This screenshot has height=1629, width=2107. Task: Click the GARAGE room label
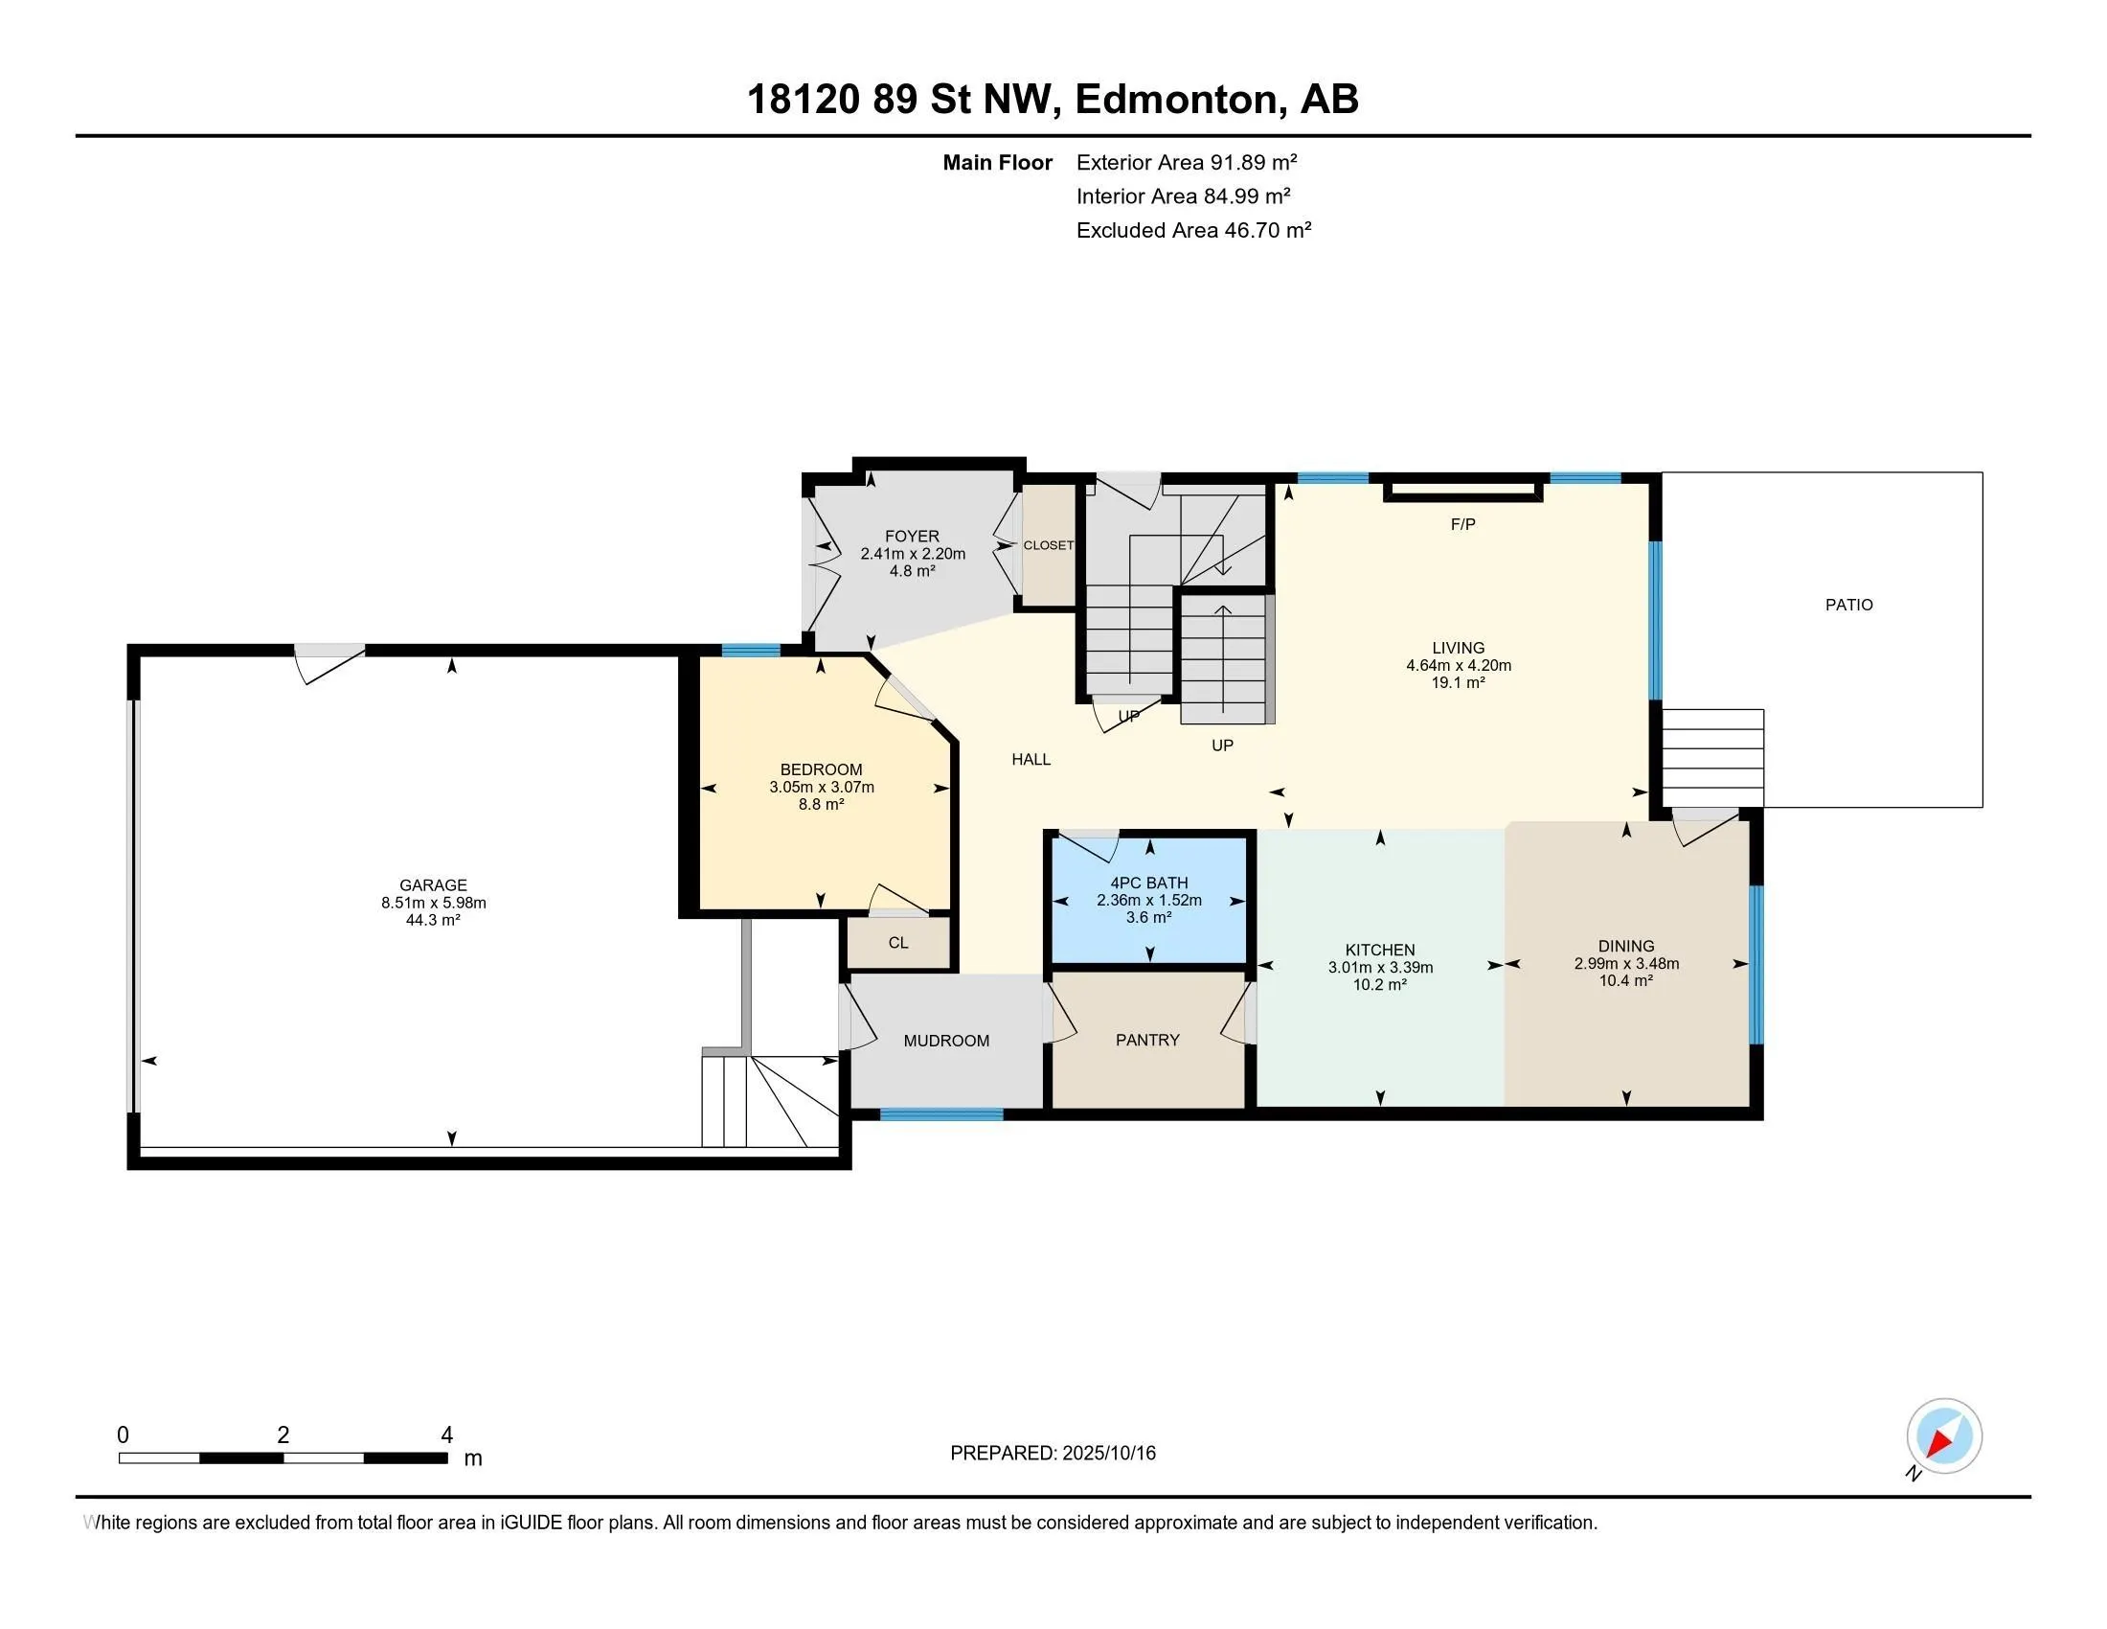click(433, 885)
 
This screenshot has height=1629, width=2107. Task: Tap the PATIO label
click(1848, 605)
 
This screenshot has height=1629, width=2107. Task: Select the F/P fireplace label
click(1462, 524)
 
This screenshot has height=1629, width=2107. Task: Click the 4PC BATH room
click(1149, 900)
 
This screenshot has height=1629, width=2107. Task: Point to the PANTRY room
click(1148, 1040)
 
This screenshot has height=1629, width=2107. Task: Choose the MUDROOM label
click(946, 1041)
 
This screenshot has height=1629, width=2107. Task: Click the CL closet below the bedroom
click(898, 943)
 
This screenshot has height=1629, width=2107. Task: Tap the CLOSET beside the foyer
click(1049, 545)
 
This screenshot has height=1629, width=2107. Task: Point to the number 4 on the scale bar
click(446, 1435)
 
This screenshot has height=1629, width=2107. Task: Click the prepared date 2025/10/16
click(1108, 1454)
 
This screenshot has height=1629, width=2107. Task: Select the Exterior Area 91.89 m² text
click(1187, 162)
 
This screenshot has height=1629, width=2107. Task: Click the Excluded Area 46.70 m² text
click(1193, 230)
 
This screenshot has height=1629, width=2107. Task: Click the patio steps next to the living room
click(1712, 758)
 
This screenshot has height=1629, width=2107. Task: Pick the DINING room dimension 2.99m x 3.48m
click(1626, 963)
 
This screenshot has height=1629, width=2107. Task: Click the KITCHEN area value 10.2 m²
click(1380, 984)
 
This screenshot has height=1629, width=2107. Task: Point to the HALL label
click(1031, 760)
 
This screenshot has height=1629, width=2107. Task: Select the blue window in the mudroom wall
click(941, 1114)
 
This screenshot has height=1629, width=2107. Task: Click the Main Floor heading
click(998, 162)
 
